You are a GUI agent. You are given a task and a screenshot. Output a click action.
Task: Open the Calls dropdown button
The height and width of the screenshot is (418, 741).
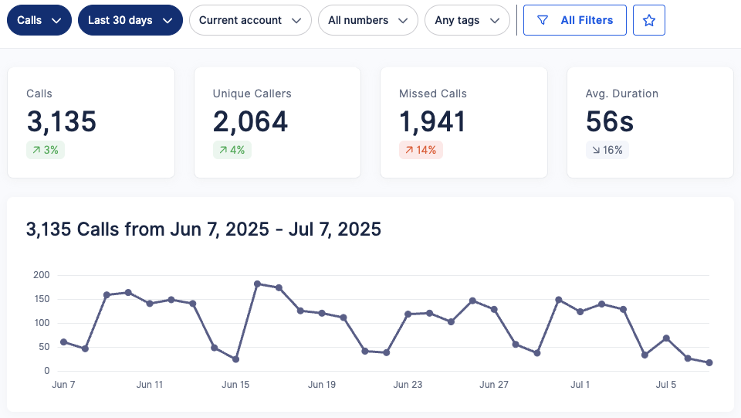[39, 20]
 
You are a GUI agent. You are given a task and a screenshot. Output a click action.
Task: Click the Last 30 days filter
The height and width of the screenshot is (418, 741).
[130, 20]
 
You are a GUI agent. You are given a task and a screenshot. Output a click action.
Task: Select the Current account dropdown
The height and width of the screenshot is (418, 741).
[250, 20]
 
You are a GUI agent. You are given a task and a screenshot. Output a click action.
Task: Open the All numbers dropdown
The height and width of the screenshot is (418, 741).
[367, 20]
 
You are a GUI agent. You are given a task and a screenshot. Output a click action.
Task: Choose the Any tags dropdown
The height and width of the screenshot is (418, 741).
[467, 20]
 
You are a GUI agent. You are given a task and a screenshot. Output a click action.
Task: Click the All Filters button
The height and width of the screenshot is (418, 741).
[574, 20]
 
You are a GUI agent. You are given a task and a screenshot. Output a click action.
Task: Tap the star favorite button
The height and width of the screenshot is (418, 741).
[648, 20]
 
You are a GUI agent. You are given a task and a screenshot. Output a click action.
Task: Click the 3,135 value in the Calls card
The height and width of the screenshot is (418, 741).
[62, 121]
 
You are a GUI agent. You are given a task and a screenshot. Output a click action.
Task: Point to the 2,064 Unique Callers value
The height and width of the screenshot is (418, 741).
[250, 121]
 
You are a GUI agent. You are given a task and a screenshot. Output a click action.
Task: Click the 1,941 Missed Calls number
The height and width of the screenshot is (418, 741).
[432, 121]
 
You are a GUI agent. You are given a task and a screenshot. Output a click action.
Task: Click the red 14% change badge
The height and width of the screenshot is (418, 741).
[421, 150]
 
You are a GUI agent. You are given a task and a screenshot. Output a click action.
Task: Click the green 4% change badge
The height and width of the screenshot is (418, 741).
[232, 150]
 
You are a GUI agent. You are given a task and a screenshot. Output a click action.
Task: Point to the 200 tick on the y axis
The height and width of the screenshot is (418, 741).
[41, 275]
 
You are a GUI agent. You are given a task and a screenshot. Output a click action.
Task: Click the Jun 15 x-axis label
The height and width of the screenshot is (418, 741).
[235, 384]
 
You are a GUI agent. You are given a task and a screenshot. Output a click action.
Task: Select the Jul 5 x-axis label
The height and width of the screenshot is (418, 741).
[666, 384]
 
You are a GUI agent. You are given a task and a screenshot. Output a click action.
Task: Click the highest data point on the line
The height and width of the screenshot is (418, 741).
[257, 284]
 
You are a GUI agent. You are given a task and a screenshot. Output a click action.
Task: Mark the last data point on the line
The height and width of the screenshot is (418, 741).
[709, 362]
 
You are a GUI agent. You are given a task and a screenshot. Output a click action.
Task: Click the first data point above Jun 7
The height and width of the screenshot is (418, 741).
[63, 342]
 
